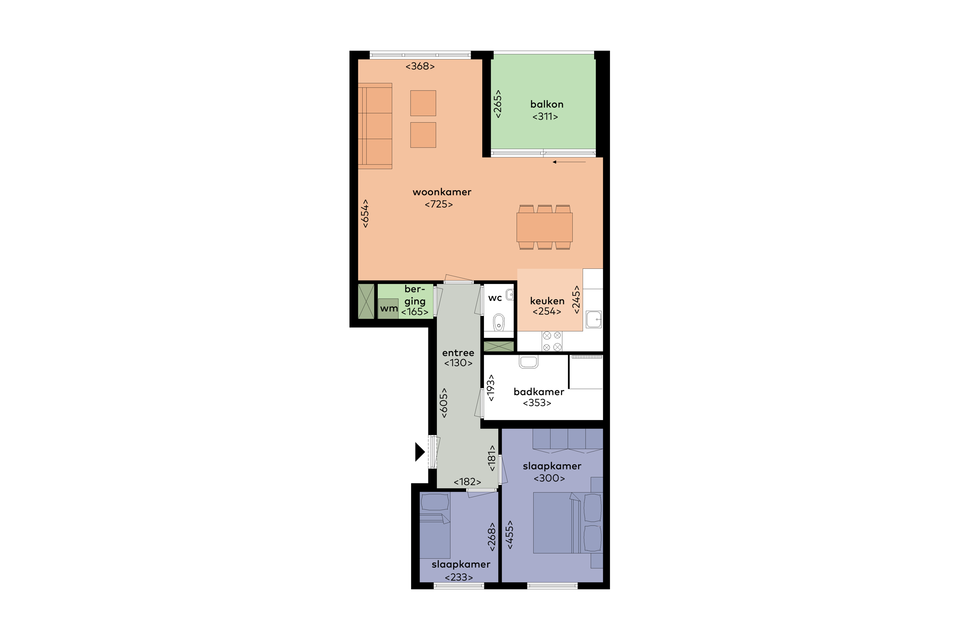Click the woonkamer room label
point(442,192)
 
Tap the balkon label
point(547,104)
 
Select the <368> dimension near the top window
point(420,66)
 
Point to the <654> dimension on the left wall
point(365,213)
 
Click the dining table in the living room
point(544,227)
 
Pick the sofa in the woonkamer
point(375,126)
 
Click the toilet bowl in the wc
point(499,322)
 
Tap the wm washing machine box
point(389,308)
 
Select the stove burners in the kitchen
point(552,341)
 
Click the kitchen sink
point(594,319)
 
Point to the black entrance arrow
point(420,452)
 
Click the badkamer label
point(539,392)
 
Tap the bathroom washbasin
point(528,362)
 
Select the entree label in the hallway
point(458,353)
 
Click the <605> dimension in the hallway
point(443,403)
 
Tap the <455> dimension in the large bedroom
point(509,535)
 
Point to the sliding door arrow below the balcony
point(569,162)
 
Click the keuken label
point(547,301)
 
